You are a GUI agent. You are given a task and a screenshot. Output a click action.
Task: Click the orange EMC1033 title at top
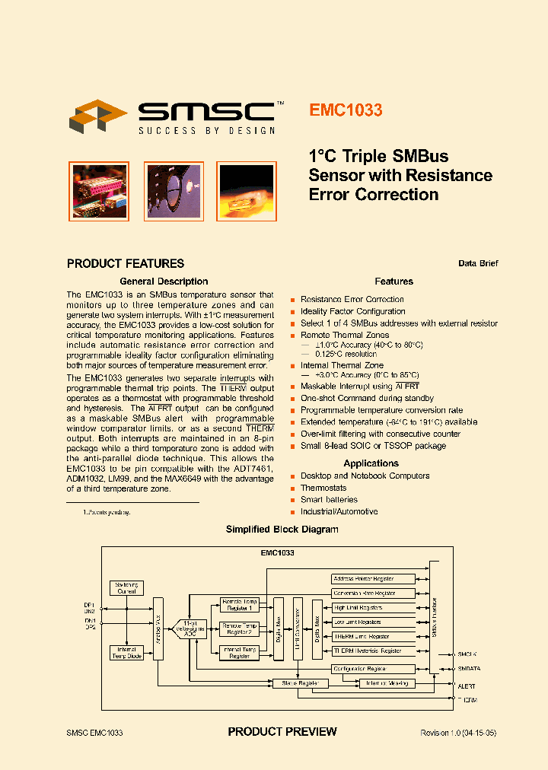tap(346, 110)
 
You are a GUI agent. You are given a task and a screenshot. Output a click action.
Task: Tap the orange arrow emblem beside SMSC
tap(98, 116)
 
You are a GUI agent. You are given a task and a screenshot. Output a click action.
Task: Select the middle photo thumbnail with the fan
tap(174, 191)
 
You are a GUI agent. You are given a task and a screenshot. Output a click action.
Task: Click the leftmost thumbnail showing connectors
tap(99, 191)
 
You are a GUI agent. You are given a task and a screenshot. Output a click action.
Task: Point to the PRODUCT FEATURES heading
tap(126, 264)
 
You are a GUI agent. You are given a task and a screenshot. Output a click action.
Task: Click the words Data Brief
tap(478, 263)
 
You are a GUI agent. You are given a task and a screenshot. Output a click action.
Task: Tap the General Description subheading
tap(164, 282)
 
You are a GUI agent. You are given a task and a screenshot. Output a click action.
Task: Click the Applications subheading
tap(371, 463)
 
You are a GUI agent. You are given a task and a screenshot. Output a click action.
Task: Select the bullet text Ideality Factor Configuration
tap(352, 311)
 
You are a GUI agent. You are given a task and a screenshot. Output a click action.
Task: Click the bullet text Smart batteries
tap(329, 500)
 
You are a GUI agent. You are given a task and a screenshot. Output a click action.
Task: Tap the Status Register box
tap(300, 683)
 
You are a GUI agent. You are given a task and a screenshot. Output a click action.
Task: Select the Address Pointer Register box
tap(374, 579)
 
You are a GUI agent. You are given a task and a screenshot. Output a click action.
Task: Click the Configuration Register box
tap(374, 669)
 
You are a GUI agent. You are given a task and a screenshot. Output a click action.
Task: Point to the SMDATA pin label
tap(467, 669)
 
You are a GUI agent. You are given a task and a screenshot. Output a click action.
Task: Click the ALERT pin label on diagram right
tap(466, 686)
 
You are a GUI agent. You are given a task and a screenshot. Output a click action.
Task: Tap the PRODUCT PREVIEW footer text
tap(282, 732)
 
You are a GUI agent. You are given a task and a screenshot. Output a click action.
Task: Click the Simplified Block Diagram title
tap(282, 530)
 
